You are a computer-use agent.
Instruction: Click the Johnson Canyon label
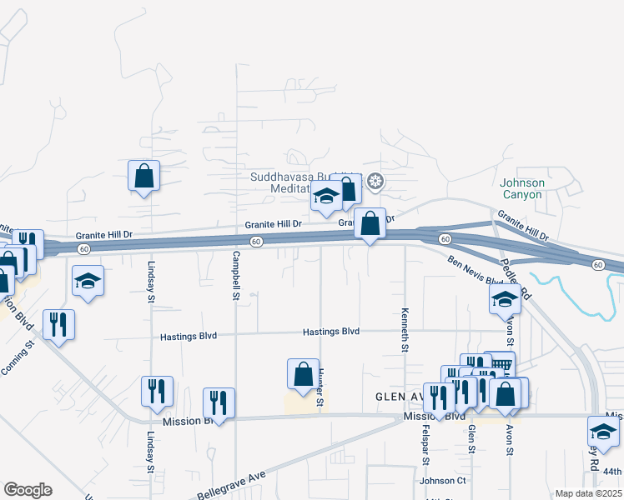point(522,188)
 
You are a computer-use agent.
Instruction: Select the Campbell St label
point(236,275)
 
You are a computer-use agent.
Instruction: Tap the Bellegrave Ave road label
point(231,483)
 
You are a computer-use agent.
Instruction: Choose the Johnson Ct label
point(442,480)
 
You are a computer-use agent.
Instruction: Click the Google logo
point(28,490)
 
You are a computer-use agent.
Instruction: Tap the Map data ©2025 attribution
point(588,493)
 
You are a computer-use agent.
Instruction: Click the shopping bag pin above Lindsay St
point(143,176)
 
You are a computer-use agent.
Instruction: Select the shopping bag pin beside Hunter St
point(303,374)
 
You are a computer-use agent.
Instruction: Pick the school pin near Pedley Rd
point(505,298)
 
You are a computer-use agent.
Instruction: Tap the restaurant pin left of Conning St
point(58,323)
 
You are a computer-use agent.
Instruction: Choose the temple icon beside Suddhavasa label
point(375,181)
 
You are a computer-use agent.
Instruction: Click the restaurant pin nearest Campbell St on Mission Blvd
point(219,403)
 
